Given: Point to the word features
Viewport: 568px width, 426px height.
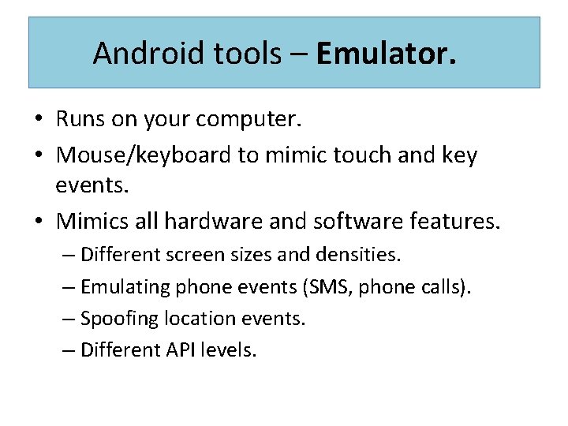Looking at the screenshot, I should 455,221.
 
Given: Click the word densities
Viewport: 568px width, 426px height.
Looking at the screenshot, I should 362,255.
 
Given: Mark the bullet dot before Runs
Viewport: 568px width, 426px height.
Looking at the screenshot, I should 38,120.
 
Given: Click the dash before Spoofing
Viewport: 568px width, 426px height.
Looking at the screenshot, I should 69,319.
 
